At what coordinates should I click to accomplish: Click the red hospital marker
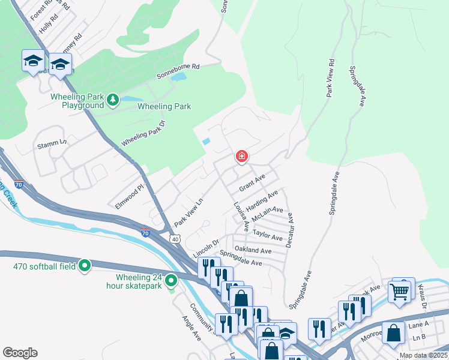click(241, 157)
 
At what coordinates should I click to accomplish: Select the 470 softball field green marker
click(85, 264)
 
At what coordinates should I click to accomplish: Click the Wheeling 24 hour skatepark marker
click(171, 280)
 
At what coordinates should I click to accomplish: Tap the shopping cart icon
click(399, 292)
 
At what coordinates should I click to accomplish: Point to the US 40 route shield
click(174, 239)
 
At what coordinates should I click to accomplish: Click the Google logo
click(20, 353)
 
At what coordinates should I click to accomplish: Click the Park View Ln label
click(189, 212)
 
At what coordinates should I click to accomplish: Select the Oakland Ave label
click(253, 250)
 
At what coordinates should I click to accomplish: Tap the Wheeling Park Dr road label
click(143, 134)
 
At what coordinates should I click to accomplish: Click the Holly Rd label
click(48, 24)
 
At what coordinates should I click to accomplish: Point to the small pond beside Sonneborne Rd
click(178, 77)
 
